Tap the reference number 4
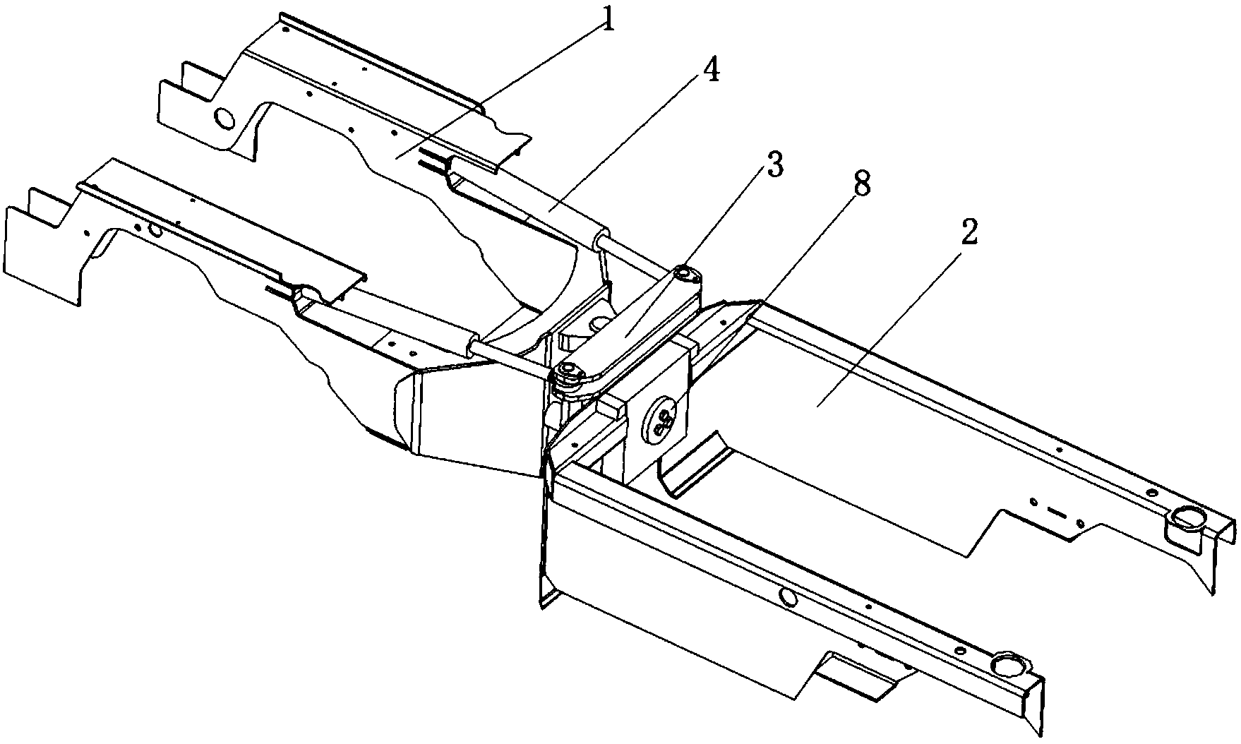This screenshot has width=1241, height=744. (x=711, y=70)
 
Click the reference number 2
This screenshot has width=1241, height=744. (x=970, y=233)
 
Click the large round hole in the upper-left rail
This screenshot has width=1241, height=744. (x=224, y=119)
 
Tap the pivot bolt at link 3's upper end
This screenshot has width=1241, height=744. (x=683, y=272)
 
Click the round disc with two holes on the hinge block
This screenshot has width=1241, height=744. (x=663, y=421)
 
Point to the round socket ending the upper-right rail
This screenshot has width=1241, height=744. (x=1189, y=520)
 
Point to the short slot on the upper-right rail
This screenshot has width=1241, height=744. (x=1057, y=510)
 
